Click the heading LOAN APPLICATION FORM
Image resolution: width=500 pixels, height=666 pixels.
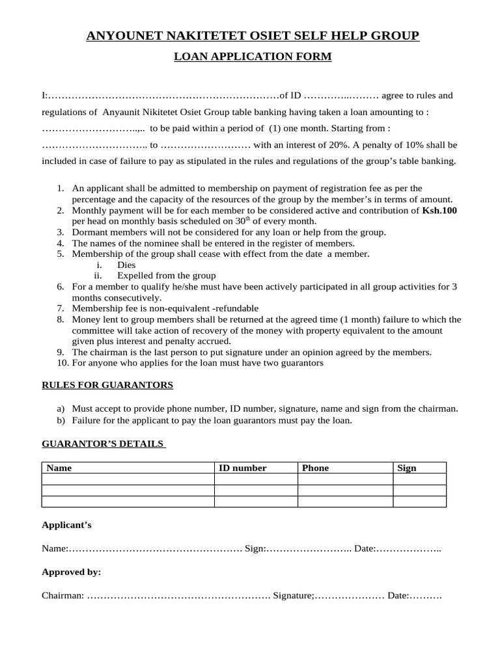click(x=252, y=57)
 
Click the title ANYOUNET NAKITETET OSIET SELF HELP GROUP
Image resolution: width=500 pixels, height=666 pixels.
click(x=253, y=36)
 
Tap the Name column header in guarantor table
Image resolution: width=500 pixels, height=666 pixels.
click(x=59, y=468)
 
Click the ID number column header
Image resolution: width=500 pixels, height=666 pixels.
click(x=242, y=468)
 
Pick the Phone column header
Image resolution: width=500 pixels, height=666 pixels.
click(x=315, y=468)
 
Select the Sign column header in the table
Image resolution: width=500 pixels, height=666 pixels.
click(x=406, y=468)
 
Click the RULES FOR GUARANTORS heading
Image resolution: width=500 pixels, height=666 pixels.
click(x=107, y=385)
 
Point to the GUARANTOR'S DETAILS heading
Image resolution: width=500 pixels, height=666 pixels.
click(x=103, y=444)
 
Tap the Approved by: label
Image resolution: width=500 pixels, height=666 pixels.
click(x=71, y=572)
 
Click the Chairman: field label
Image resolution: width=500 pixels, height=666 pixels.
click(x=62, y=595)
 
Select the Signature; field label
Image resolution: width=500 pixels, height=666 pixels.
click(x=294, y=595)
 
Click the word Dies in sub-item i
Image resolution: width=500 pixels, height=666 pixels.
click(x=126, y=265)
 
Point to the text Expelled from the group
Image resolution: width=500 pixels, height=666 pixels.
click(x=166, y=275)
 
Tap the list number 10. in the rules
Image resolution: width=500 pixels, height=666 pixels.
click(x=62, y=362)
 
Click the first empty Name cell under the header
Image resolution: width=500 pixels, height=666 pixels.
click(x=128, y=479)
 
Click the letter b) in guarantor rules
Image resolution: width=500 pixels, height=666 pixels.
click(x=61, y=420)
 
